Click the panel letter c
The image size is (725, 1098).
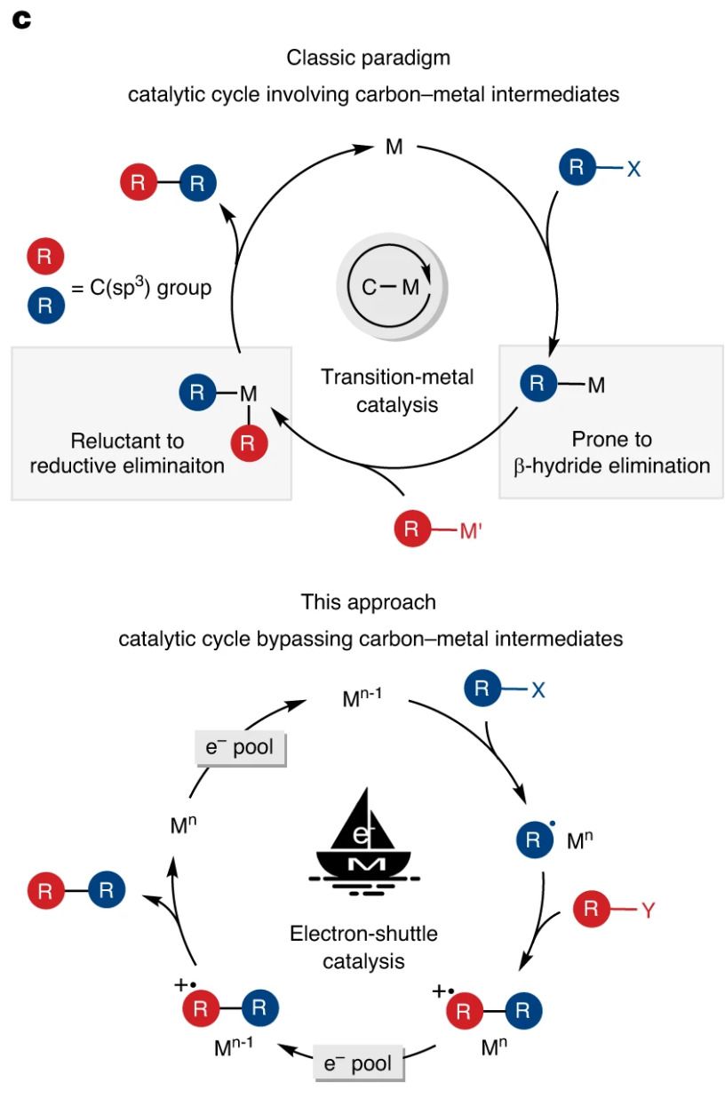point(22,20)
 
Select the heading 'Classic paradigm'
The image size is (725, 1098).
point(368,59)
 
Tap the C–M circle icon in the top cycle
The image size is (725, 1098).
point(392,287)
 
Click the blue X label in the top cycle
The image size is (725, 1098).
point(633,169)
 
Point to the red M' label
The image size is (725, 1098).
point(471,531)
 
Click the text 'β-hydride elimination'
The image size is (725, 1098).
point(612,465)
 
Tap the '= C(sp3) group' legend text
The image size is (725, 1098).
point(141,288)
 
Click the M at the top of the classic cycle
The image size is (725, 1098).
point(394,147)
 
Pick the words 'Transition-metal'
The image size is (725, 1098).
point(397,377)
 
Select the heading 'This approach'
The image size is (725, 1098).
point(368,602)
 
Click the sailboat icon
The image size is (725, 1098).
point(364,842)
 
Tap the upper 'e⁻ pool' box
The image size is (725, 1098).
point(240,747)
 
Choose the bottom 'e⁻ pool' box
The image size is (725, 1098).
point(358,1063)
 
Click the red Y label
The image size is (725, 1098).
point(648,911)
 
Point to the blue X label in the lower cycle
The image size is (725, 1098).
point(538,690)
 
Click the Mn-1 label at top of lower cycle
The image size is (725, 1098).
point(362,697)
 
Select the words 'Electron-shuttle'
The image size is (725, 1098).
point(363,934)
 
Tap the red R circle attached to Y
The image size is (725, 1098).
point(591,910)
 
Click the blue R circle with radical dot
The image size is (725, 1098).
point(534,839)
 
